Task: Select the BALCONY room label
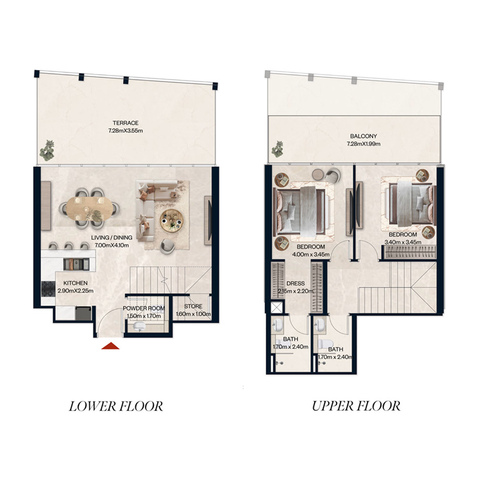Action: point(356,137)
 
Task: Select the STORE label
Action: point(193,307)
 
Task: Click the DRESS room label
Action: point(296,284)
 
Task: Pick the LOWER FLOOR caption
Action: point(116,407)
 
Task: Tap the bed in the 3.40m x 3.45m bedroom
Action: point(412,202)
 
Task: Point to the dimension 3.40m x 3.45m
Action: point(402,242)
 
